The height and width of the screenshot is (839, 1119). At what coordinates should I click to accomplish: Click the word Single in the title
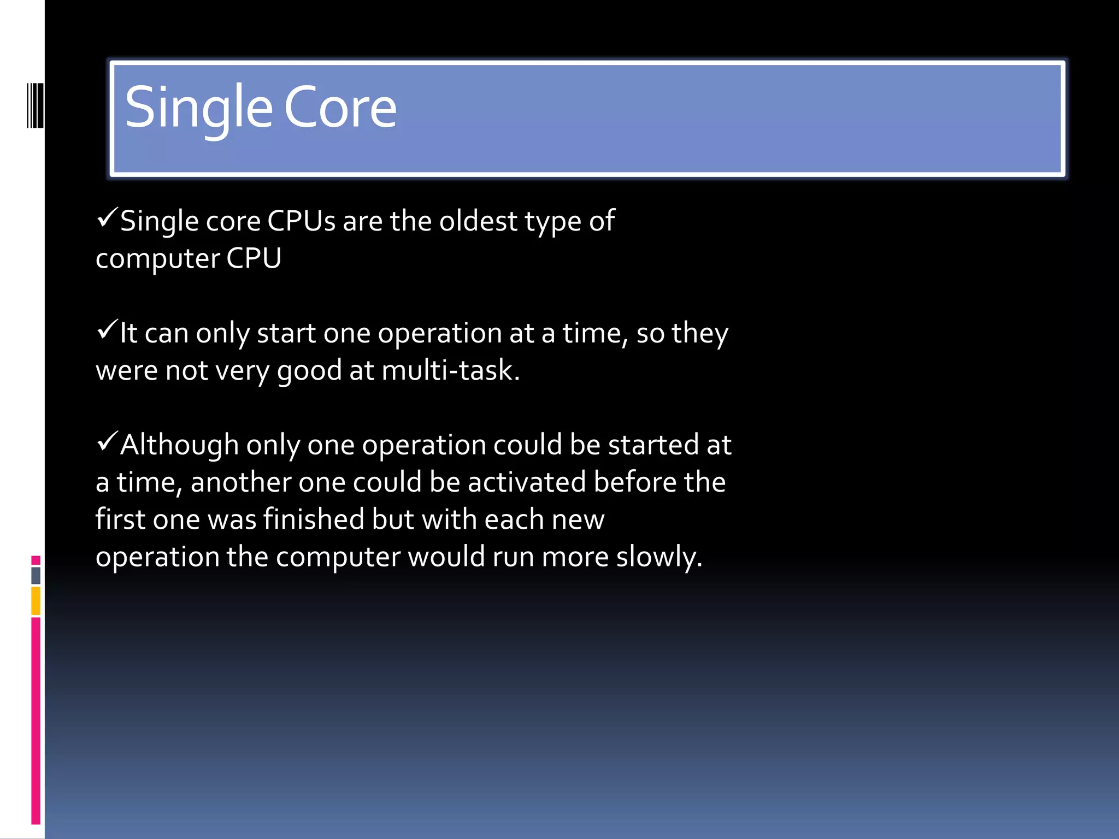(x=198, y=108)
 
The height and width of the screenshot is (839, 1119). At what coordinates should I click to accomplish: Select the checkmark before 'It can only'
(x=107, y=330)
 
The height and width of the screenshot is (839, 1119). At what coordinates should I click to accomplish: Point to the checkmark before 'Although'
(x=107, y=441)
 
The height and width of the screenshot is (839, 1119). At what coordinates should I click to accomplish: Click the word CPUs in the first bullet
(x=301, y=222)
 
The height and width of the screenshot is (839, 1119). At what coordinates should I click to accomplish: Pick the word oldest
(x=478, y=222)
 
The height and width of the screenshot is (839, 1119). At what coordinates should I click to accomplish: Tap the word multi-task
(x=450, y=371)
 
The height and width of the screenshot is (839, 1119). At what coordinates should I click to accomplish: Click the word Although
(x=179, y=445)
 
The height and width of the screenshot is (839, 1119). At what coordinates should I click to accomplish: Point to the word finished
(x=314, y=519)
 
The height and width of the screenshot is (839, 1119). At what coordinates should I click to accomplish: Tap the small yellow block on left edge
(x=36, y=600)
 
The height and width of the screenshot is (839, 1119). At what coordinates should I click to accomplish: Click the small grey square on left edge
(x=36, y=575)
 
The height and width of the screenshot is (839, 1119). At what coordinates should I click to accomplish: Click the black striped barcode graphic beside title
(x=35, y=105)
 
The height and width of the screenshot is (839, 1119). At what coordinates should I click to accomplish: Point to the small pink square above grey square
(x=36, y=560)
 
